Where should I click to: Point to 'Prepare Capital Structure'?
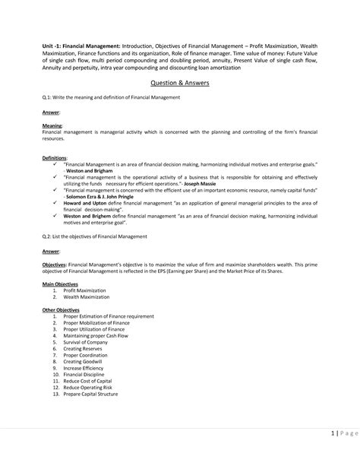[x=96, y=395]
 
